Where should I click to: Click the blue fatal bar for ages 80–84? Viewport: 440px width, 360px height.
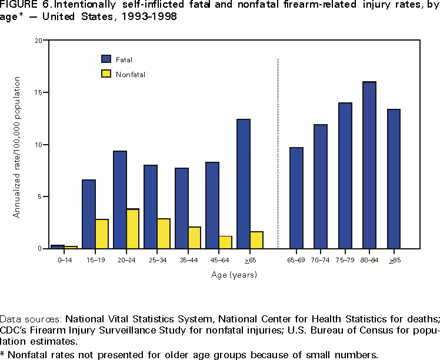click(x=369, y=165)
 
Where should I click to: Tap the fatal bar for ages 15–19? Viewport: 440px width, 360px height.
click(x=89, y=214)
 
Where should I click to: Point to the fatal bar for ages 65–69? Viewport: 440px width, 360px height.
click(x=296, y=198)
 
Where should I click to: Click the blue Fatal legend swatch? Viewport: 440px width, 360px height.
click(x=106, y=59)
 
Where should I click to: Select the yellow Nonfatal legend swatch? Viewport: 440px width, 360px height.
click(x=106, y=74)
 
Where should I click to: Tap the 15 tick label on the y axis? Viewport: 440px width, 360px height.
click(x=38, y=92)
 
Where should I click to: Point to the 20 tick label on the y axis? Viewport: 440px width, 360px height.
click(x=38, y=41)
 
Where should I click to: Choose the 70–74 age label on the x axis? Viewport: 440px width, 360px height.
click(x=321, y=259)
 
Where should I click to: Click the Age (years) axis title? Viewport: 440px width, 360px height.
click(x=234, y=275)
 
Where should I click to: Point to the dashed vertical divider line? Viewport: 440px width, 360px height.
click(x=278, y=153)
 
